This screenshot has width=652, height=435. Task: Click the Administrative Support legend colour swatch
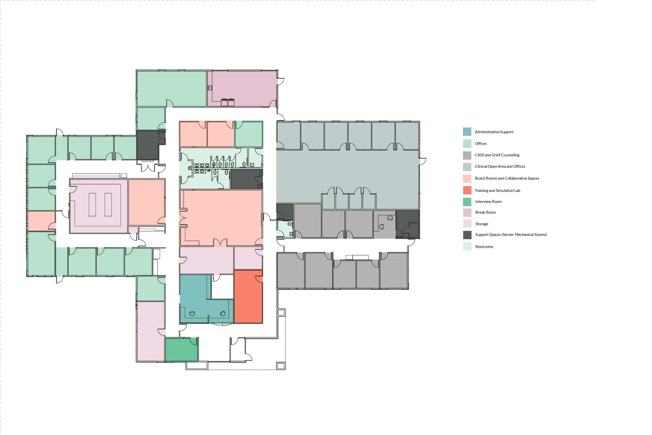467,132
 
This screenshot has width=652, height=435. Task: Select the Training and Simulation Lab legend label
497,191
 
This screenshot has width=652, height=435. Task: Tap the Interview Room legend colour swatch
467,202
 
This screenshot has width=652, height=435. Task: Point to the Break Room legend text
485,213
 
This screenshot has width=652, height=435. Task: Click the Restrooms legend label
484,247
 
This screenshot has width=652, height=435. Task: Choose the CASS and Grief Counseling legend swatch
467,155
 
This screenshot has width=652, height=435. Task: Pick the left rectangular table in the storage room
92,205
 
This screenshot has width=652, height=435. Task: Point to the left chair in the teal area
192,313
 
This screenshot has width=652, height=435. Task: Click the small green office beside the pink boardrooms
249,134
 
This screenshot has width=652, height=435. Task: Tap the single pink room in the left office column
41,221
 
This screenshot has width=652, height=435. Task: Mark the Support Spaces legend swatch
467,235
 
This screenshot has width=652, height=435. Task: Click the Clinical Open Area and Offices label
500,166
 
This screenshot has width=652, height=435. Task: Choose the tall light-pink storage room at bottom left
150,332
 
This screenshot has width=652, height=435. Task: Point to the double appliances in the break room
228,102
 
